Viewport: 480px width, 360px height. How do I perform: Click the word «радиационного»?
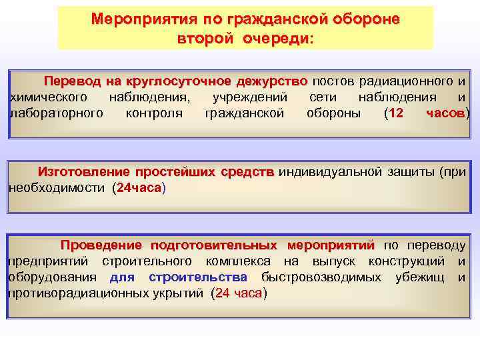point(405,82)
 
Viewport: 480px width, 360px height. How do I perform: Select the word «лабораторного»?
point(56,113)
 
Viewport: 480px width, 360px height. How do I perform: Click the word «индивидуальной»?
point(329,172)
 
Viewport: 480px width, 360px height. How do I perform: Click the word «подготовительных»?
point(214,245)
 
